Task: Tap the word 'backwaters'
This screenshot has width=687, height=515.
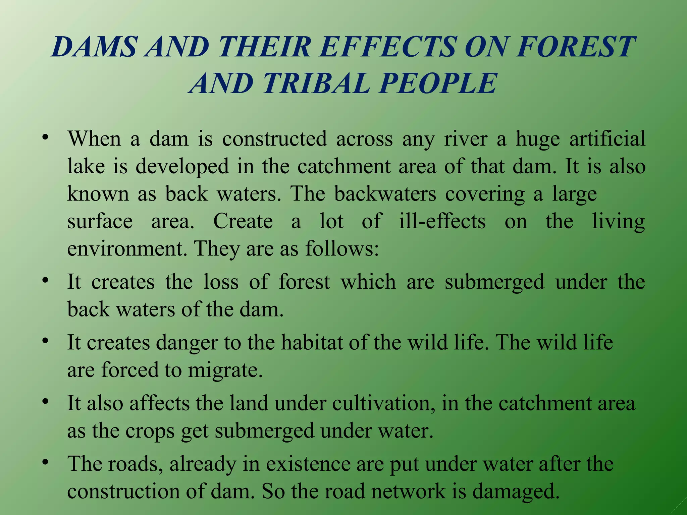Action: click(385, 194)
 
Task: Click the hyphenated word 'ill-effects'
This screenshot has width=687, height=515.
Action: click(442, 221)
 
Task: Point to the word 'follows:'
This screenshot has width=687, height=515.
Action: click(342, 249)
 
